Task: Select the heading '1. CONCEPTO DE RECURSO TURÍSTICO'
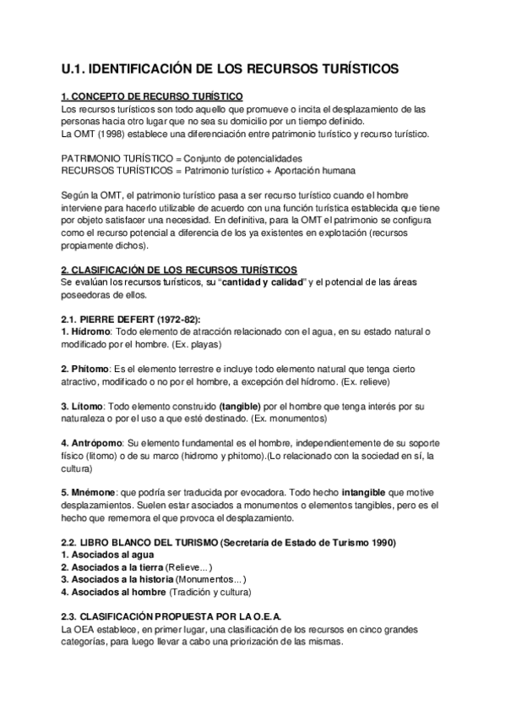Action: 153,97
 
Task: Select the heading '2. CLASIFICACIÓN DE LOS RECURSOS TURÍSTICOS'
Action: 179,268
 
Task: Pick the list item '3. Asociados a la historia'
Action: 117,580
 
